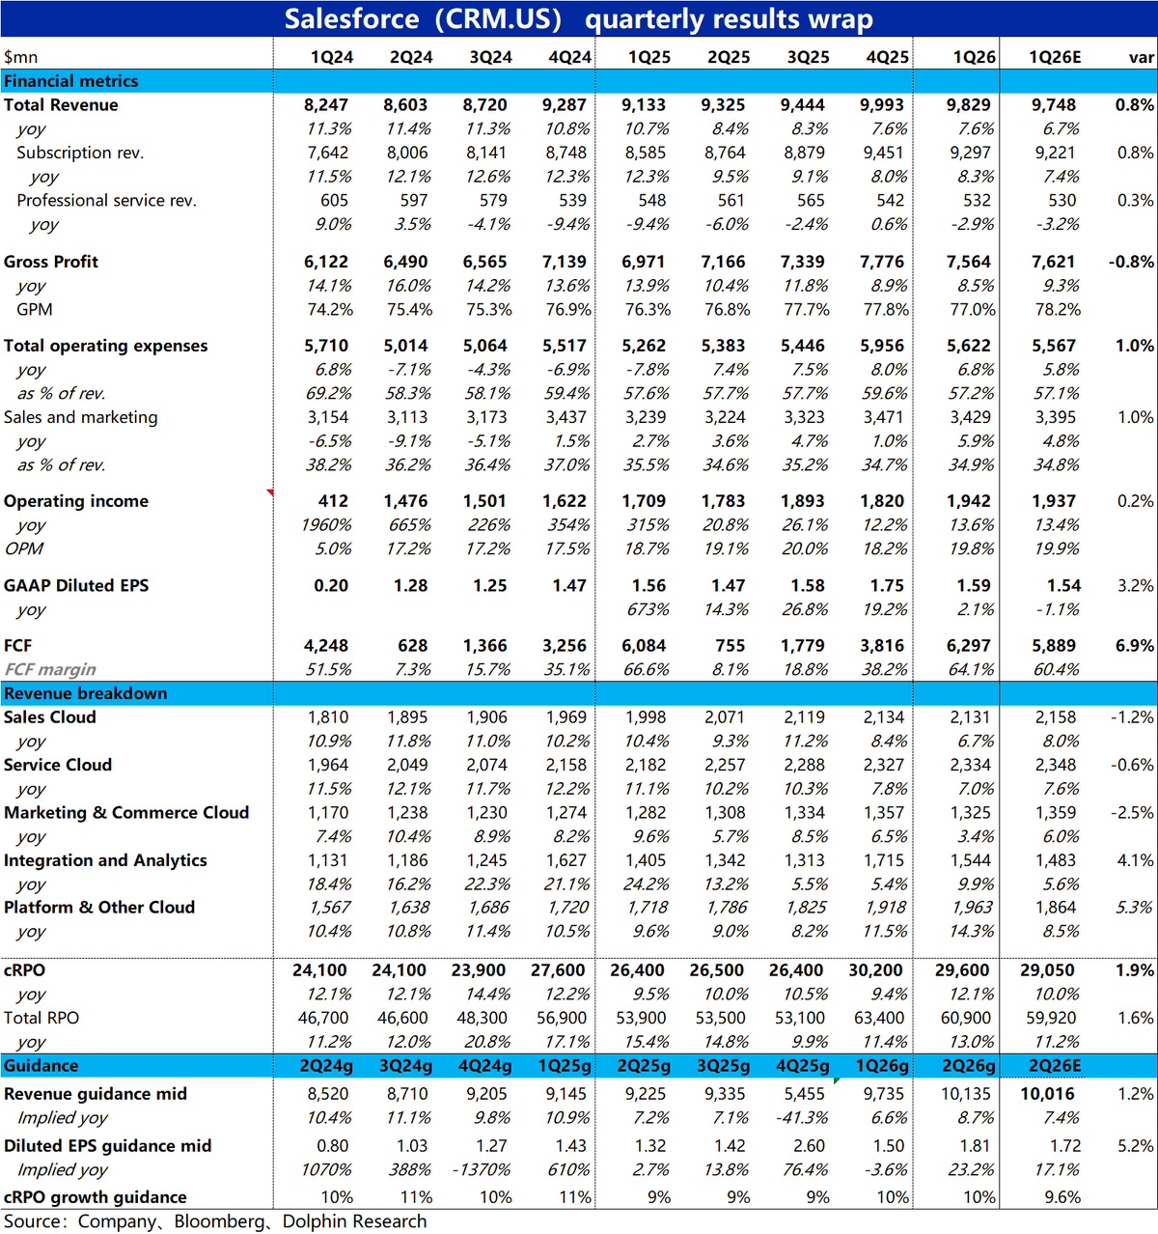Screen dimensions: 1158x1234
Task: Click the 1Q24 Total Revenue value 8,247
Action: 325,104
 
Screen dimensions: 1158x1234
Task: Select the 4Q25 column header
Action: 887,57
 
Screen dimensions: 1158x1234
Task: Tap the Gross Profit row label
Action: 51,262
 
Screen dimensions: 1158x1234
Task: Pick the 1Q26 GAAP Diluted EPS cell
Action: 973,585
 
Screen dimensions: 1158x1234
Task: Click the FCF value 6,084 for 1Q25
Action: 643,646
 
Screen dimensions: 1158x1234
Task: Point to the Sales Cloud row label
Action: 50,717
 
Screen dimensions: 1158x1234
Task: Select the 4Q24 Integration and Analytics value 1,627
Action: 565,860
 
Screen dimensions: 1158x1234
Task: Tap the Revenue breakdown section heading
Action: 86,693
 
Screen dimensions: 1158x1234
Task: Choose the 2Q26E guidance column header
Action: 1054,1066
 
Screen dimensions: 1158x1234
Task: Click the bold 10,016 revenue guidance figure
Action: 1047,1094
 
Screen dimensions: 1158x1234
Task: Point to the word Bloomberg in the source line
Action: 219,1220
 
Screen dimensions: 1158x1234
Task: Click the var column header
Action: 1142,57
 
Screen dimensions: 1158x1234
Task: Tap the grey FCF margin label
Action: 50,669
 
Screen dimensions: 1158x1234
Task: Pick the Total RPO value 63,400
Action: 878,1018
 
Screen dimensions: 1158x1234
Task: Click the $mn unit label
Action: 20,57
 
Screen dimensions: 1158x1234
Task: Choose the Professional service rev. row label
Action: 106,200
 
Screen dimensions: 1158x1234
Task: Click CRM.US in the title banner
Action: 498,19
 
